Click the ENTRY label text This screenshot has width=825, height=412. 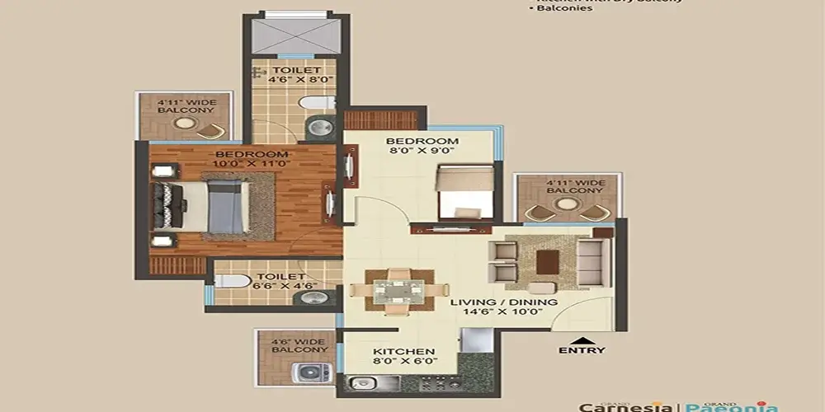pyautogui.click(x=582, y=350)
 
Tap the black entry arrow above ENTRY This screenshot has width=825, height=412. pyautogui.click(x=582, y=338)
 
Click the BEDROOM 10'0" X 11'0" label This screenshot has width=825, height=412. pyautogui.click(x=252, y=159)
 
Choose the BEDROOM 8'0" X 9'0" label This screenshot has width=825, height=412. pyautogui.click(x=422, y=146)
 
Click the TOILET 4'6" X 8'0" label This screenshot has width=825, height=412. pyautogui.click(x=297, y=76)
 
